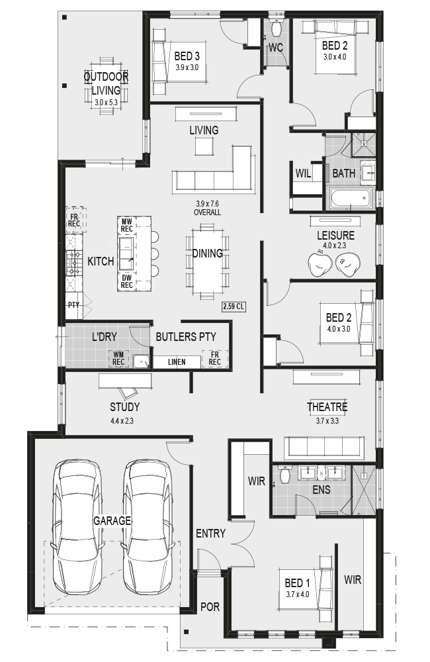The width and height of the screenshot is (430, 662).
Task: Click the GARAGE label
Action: (x=112, y=520)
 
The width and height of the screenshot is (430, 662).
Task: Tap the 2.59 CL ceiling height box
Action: (x=234, y=307)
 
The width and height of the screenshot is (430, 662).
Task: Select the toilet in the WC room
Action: (x=277, y=28)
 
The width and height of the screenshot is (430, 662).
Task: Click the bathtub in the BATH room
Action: (x=351, y=198)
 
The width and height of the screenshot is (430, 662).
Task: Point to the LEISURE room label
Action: (x=335, y=235)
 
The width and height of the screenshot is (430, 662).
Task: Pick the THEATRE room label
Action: (x=327, y=407)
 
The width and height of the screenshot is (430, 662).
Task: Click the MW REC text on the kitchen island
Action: (x=126, y=225)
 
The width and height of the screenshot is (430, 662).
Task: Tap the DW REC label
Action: (x=126, y=281)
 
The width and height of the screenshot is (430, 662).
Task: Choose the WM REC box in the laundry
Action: (x=118, y=358)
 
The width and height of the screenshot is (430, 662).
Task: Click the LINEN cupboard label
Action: (x=177, y=362)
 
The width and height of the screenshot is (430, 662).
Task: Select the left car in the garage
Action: (x=77, y=528)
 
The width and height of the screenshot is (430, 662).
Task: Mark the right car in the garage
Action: (x=148, y=528)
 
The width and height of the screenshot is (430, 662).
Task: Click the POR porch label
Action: (x=210, y=606)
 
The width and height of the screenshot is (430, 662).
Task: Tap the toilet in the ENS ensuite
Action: (x=284, y=474)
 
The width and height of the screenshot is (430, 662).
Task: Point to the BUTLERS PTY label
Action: (x=186, y=336)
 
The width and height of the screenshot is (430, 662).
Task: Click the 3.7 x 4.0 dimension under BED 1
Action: (x=298, y=594)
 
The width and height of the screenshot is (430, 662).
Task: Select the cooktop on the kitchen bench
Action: (x=73, y=263)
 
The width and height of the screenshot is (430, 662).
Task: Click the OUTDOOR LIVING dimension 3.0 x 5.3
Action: (x=106, y=102)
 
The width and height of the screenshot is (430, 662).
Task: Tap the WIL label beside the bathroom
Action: (x=303, y=173)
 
